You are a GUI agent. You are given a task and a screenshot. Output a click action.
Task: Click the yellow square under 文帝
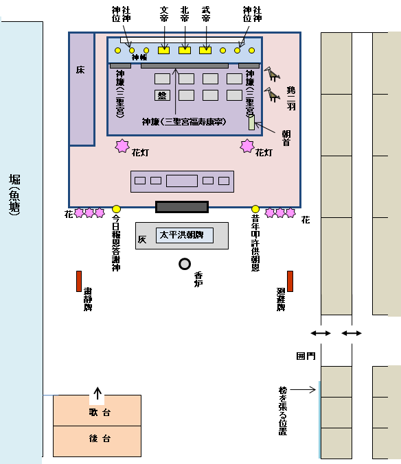(163, 50)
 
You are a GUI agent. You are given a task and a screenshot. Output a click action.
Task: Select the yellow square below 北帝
(184, 50)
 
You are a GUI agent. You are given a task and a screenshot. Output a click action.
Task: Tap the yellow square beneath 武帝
(205, 50)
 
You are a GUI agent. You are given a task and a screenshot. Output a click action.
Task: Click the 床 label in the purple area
(80, 71)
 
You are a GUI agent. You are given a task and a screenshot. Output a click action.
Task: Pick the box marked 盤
(163, 95)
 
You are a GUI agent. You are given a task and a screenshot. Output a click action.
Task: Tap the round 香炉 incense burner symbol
(185, 264)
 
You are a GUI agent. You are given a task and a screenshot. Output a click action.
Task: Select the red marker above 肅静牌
(79, 281)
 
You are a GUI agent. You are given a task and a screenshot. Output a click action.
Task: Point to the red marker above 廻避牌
(290, 281)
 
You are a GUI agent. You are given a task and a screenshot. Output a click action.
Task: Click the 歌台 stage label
(97, 413)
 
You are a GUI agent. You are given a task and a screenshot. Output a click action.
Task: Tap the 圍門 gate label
(305, 356)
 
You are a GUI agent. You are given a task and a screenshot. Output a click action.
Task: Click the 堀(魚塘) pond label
(14, 195)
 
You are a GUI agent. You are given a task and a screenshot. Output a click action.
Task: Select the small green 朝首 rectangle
(251, 123)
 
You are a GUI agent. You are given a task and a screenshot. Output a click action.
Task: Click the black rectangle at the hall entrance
(182, 206)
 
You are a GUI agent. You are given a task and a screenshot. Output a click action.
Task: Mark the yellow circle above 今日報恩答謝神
(116, 209)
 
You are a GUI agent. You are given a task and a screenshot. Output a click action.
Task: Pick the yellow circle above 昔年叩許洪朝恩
(255, 209)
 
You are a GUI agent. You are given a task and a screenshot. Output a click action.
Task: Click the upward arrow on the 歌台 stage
(98, 393)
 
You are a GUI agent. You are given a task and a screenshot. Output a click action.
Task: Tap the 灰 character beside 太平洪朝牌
(142, 240)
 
